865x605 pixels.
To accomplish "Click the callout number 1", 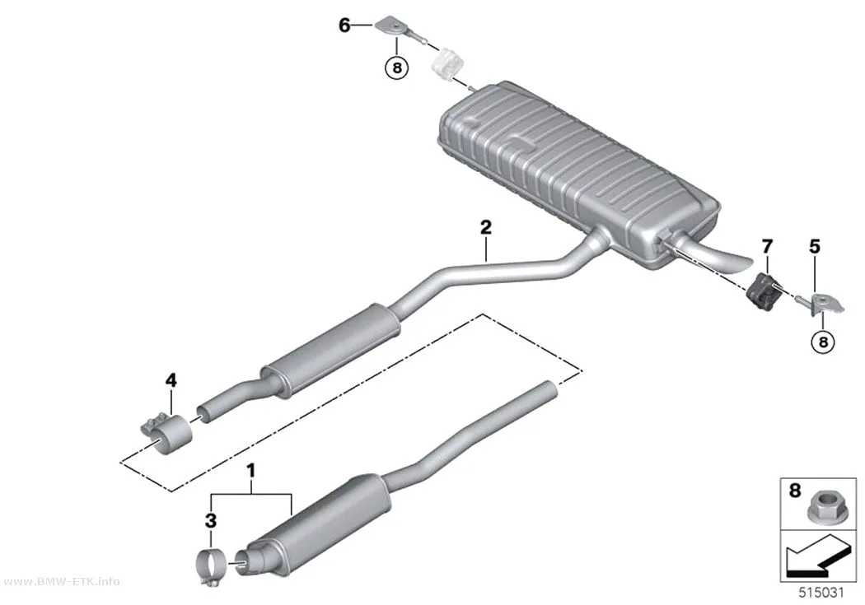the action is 251,471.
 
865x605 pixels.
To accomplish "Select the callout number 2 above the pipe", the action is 485,227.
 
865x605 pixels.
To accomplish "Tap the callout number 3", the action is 211,521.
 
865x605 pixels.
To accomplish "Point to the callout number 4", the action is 171,379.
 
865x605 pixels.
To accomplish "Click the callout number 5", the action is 814,246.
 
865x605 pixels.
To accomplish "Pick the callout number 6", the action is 344,25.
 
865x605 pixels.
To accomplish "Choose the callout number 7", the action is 767,246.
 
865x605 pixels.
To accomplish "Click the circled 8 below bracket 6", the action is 396,68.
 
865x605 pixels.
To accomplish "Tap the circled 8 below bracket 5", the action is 822,342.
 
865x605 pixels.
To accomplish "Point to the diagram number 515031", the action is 821,593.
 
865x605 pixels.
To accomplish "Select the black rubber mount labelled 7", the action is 764,288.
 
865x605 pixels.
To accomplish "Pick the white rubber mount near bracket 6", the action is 447,63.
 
